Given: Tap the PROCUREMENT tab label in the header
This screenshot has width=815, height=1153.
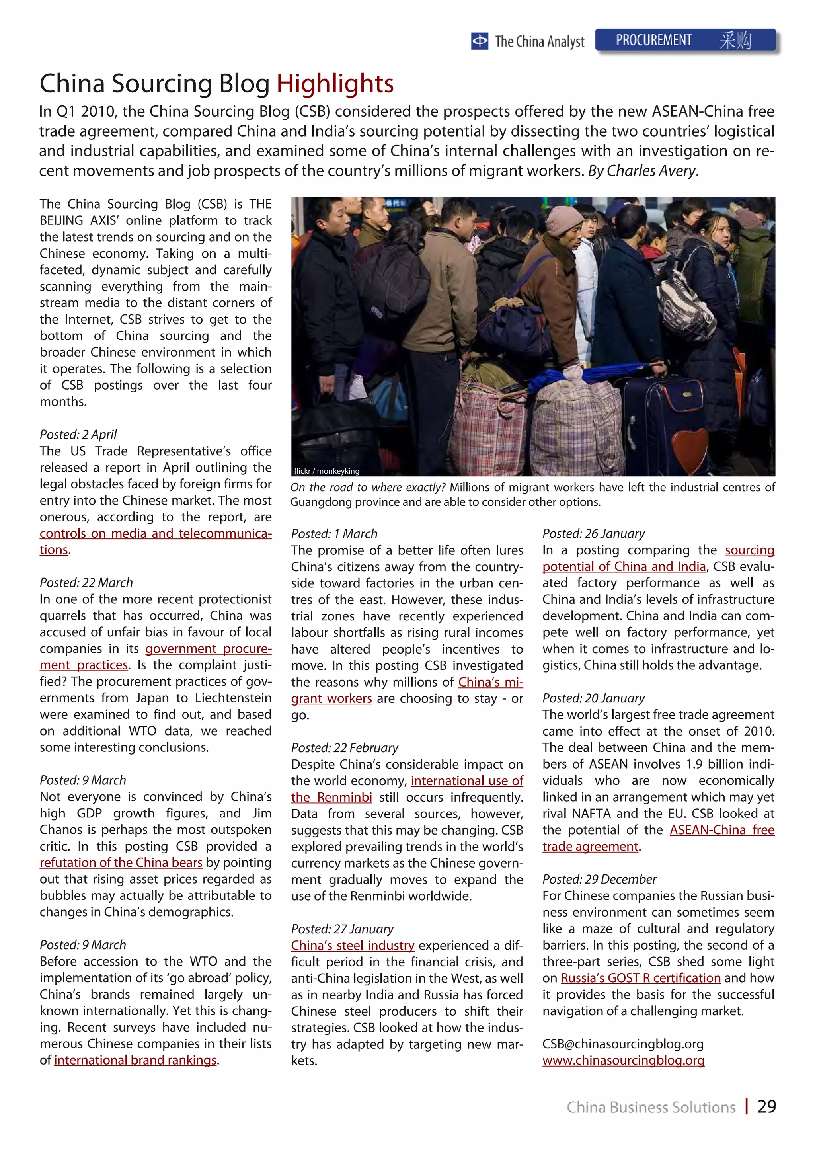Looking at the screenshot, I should pyautogui.click(x=653, y=40).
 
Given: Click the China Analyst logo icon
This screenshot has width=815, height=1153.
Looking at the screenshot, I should pyautogui.click(x=480, y=41).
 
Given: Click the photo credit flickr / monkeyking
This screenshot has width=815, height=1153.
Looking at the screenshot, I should pyautogui.click(x=326, y=471).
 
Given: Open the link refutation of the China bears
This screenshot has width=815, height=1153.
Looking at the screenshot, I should pyautogui.click(x=121, y=863).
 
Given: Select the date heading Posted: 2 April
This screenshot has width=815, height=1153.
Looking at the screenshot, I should pyautogui.click(x=78, y=434).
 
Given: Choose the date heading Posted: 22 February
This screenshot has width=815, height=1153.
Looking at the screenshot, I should pyautogui.click(x=345, y=748).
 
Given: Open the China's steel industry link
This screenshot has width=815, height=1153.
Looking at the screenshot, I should pyautogui.click(x=353, y=946).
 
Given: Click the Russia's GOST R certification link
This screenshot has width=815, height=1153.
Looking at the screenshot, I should pyautogui.click(x=640, y=978).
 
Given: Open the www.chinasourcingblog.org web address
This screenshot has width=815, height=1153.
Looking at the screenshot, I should pyautogui.click(x=623, y=1061).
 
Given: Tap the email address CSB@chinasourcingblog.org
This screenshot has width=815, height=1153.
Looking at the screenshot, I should pyautogui.click(x=623, y=1044).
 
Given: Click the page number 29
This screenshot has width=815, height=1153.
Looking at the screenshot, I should pyautogui.click(x=766, y=1106).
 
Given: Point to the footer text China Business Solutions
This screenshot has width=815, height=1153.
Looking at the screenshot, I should pyautogui.click(x=651, y=1107).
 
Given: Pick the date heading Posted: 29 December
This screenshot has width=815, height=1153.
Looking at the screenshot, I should pyautogui.click(x=599, y=879).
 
